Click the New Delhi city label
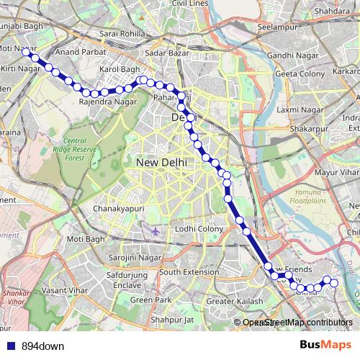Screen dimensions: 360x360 [161, 163]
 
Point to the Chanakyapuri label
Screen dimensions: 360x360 [120, 209]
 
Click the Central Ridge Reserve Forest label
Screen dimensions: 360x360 [84, 148]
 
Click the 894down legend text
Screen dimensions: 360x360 [42, 346]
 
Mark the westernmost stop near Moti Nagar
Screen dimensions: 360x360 [26, 52]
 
